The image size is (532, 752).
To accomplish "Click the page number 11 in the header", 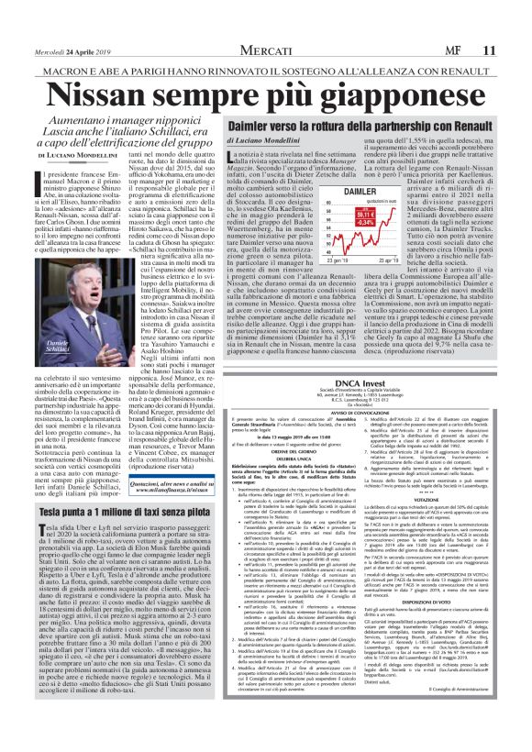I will click(518, 26).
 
